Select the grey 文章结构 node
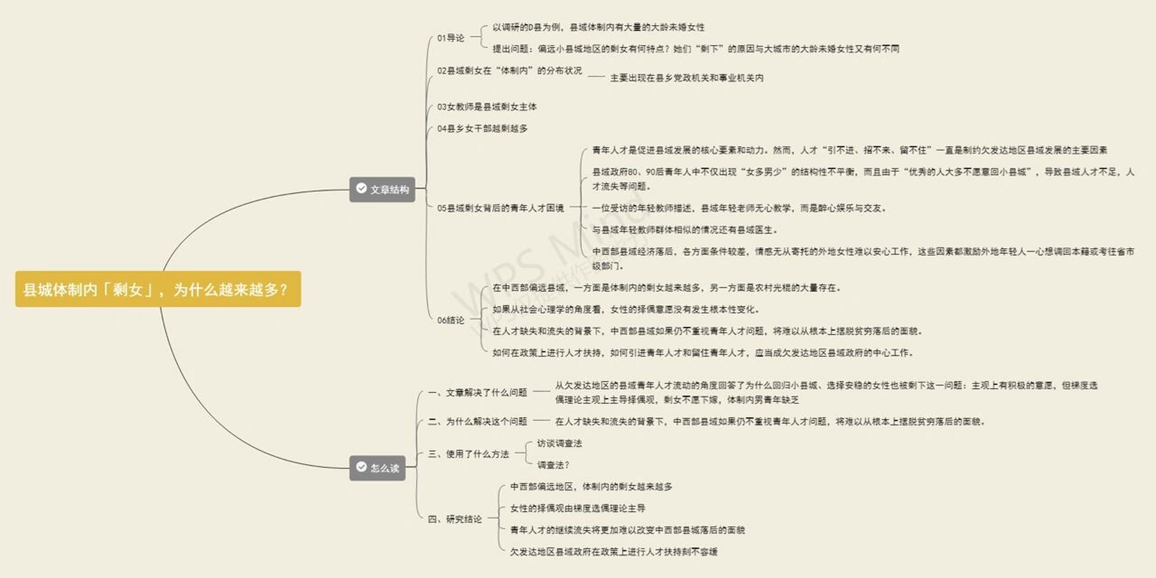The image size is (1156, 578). point(382,190)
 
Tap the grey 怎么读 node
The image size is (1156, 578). point(378,468)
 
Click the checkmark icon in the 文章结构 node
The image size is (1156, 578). point(361,188)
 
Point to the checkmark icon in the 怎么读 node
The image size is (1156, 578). point(361,466)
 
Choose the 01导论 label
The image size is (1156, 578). point(451,38)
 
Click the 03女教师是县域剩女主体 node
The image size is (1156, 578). point(487,107)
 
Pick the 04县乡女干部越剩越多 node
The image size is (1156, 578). point(482,129)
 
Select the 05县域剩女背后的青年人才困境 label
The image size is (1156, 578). point(500,208)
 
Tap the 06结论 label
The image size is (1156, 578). point(451,320)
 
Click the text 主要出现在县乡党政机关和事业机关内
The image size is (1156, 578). point(687,78)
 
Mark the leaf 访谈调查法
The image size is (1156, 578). point(559,443)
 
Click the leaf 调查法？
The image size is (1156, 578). point(553,465)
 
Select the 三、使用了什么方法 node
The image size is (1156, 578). point(468,454)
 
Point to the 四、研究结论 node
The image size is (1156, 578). point(455,519)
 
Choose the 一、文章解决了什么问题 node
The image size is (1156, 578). point(477,393)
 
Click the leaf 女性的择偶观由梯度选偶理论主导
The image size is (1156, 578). point(578,508)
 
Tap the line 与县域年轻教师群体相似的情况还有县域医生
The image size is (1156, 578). point(685,230)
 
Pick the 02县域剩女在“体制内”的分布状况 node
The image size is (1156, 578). point(509,71)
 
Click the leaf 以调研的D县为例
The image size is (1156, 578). point(598,28)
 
